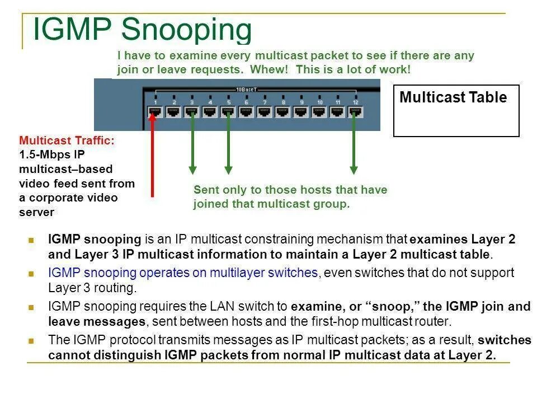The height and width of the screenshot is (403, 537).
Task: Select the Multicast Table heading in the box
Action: click(x=453, y=97)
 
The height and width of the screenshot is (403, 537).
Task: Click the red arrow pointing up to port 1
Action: click(x=152, y=157)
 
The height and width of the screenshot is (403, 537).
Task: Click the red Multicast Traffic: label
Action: click(x=67, y=140)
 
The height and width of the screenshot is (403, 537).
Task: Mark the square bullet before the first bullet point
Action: click(x=31, y=240)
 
